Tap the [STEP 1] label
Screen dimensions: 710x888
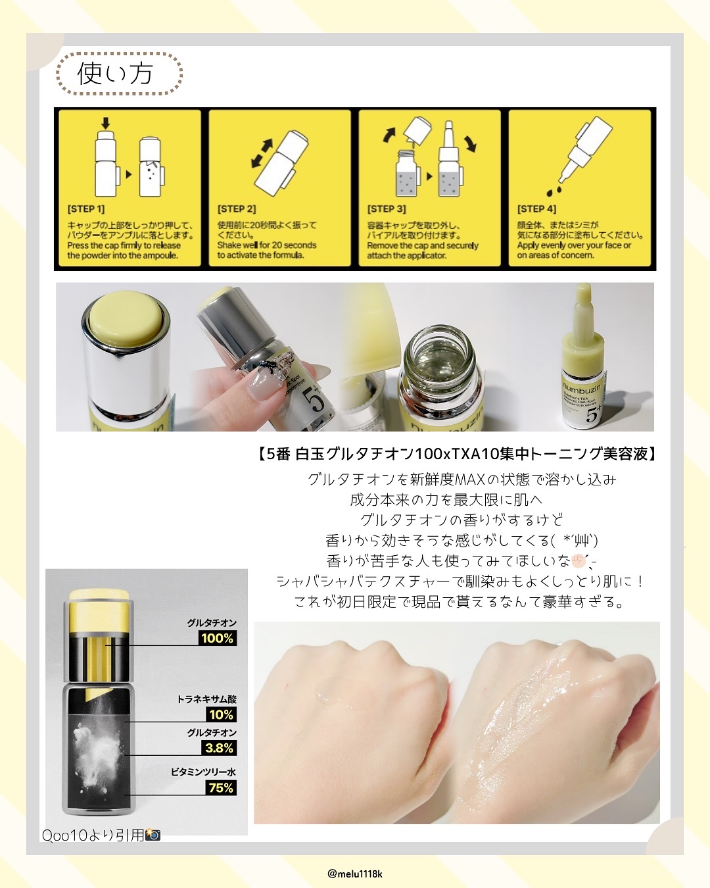coord(86,209)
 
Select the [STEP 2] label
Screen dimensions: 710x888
coord(237,209)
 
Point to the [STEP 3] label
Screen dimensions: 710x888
coord(386,209)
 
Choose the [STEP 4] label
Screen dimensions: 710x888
coord(536,209)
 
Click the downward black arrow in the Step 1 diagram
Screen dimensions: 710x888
coord(106,122)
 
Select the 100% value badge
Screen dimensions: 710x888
coord(218,638)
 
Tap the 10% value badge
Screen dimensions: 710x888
coord(221,714)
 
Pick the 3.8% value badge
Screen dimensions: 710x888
coord(219,748)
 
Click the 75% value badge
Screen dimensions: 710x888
coord(221,788)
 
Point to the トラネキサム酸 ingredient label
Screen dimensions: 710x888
coord(207,699)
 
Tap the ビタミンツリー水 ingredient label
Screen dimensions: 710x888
coord(204,772)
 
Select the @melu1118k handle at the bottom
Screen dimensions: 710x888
coord(355,874)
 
